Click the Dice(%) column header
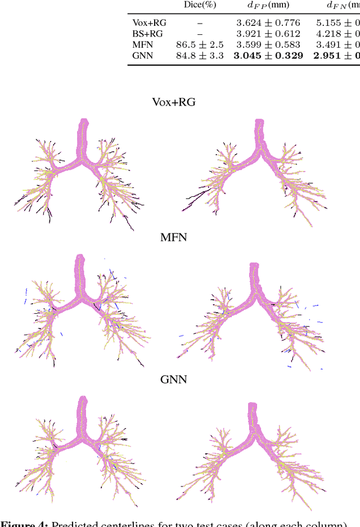pyautogui.click(x=200, y=6)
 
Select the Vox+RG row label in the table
pyautogui.click(x=149, y=23)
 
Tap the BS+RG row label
pyautogui.click(x=147, y=34)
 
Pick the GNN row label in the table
pyautogui.click(x=142, y=55)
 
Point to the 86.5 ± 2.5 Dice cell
pyautogui.click(x=200, y=44)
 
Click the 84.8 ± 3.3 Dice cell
pyautogui.click(x=200, y=55)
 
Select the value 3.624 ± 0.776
pyautogui.click(x=268, y=23)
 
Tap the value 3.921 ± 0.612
pyautogui.click(x=268, y=34)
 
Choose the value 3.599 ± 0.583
pyautogui.click(x=268, y=44)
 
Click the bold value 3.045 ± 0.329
pyautogui.click(x=268, y=55)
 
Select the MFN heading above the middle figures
pyautogui.click(x=173, y=237)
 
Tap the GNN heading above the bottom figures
pyautogui.click(x=173, y=379)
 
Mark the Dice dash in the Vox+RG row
pyautogui.click(x=200, y=23)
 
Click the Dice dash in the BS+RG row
pyautogui.click(x=200, y=34)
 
